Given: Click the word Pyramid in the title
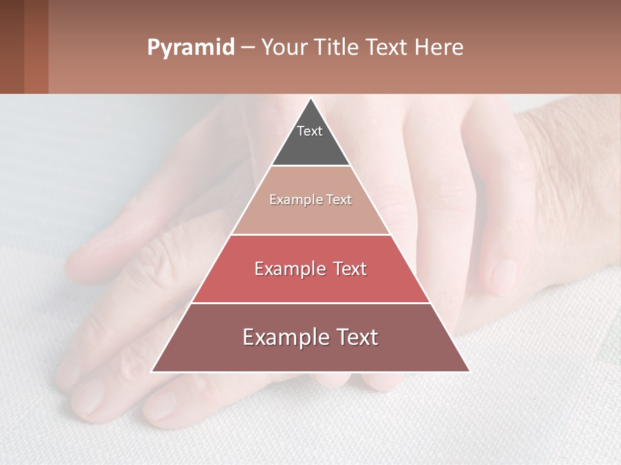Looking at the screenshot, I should [190, 48].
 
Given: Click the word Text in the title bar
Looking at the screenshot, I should [388, 48].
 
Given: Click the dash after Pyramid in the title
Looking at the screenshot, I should [247, 48].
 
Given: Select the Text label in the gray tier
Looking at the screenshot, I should [310, 131].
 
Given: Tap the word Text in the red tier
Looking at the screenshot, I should [347, 269].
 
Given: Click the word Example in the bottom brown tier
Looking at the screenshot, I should [284, 337].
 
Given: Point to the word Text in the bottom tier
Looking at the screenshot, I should [355, 337].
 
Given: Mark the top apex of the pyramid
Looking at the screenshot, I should [311, 99].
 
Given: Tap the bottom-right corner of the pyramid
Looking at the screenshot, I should [469, 371].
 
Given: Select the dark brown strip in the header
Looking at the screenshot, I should [12, 46].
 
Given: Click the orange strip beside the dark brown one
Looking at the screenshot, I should [36, 46].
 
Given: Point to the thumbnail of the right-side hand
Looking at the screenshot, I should [503, 276].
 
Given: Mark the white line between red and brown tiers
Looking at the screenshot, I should [310, 303].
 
